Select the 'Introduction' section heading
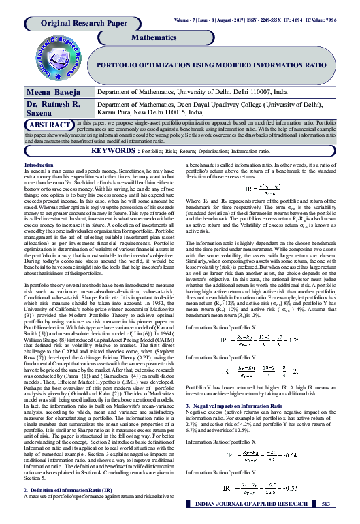39,165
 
